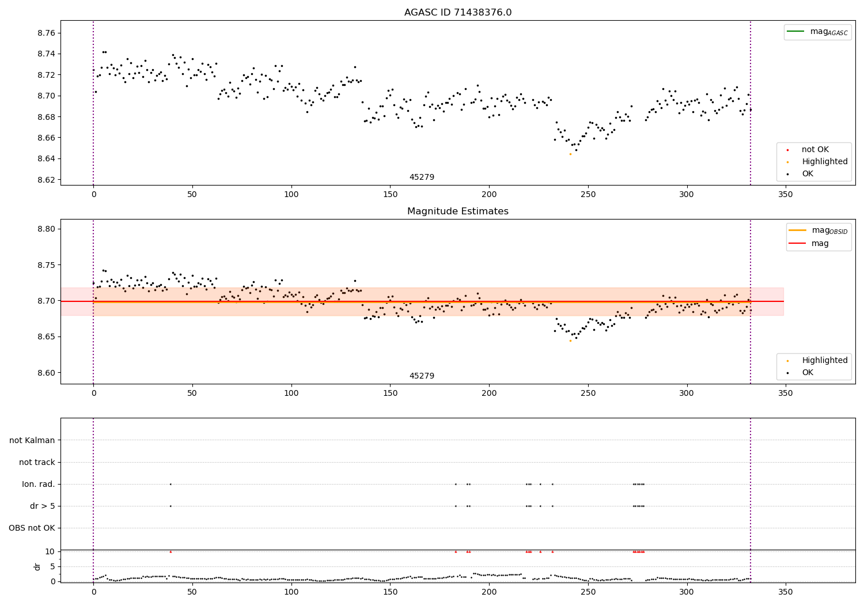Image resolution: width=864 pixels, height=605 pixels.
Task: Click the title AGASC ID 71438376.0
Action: tap(457, 13)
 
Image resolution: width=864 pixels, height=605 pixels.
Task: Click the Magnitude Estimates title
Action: tap(457, 211)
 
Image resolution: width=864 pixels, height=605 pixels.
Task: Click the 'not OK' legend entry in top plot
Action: tap(814, 150)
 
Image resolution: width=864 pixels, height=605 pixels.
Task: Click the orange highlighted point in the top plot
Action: tap(570, 154)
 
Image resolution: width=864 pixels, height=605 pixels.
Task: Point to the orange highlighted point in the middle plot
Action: tap(570, 341)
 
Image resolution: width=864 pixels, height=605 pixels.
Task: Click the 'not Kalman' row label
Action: tap(32, 441)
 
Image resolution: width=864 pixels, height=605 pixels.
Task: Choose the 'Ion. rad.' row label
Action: tap(39, 485)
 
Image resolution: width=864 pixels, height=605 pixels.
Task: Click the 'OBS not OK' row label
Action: tap(32, 528)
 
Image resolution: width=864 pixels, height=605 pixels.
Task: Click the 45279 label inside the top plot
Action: tap(422, 177)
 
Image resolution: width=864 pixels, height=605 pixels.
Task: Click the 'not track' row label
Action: tap(37, 463)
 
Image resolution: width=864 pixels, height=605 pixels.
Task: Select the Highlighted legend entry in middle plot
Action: tap(824, 361)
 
